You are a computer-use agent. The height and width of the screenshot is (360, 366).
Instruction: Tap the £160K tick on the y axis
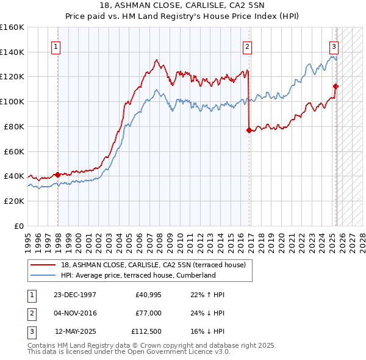pos(12,27)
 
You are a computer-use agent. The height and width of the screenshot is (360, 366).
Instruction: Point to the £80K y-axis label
pos(14,126)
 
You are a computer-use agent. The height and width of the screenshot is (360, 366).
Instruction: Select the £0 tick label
pos(20,226)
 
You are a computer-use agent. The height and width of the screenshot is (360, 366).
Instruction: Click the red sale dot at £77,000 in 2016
pos(249,130)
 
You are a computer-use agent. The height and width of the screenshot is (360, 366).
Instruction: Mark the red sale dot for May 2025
pos(335,86)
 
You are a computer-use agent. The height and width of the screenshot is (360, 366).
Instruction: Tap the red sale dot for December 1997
pos(57,175)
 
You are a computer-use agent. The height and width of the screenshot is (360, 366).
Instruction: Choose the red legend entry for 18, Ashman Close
pos(153,265)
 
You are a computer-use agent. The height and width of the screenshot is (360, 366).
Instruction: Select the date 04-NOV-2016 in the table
pos(76,313)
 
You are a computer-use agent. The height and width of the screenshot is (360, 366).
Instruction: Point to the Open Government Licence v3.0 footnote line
pos(129,351)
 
